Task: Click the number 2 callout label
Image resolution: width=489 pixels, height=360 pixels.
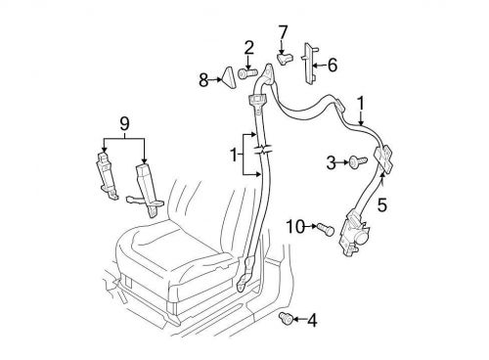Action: pos(248,47)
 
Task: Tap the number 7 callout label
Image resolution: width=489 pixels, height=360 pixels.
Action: pos(283,33)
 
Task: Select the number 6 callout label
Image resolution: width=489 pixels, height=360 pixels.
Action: pos(332,66)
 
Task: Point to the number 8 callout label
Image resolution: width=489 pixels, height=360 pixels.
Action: pos(203,79)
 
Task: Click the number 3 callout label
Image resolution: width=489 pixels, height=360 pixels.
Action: pos(332,159)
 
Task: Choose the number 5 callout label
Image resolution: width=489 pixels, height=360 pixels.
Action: pos(382,205)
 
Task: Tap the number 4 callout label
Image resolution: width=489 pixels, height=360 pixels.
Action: pos(312,319)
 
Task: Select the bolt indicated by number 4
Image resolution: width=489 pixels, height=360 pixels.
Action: pos(288,317)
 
